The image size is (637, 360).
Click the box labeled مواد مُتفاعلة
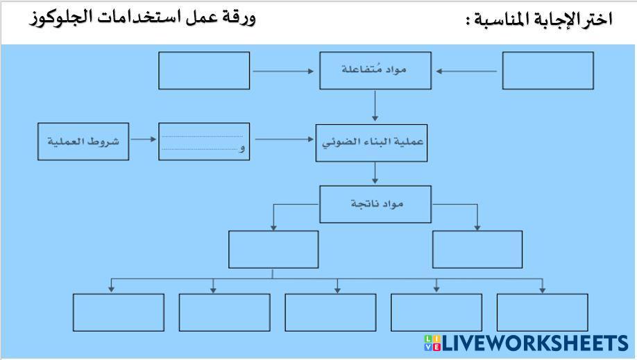click(x=375, y=71)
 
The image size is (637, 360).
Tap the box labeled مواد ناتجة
click(x=375, y=204)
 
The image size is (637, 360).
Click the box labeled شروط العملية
click(x=83, y=142)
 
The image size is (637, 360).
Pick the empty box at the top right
click(x=547, y=71)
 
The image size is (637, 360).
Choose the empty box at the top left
click(x=204, y=71)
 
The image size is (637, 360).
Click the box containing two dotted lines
click(x=204, y=142)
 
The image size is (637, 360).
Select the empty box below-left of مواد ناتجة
click(x=273, y=249)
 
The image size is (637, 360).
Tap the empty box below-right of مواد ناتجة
click(x=477, y=249)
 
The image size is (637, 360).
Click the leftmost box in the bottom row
click(x=119, y=312)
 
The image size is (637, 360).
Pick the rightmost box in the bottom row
click(x=543, y=312)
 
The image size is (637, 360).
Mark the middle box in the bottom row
click(x=330, y=312)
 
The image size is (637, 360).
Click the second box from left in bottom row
click(x=224, y=312)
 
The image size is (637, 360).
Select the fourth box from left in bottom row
click(x=436, y=312)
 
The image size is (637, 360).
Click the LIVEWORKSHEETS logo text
click(x=534, y=343)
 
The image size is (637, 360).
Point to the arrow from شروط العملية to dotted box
click(x=144, y=139)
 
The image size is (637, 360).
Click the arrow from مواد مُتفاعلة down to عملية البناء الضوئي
click(x=375, y=106)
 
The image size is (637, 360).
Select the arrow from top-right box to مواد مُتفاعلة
click(x=466, y=71)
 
